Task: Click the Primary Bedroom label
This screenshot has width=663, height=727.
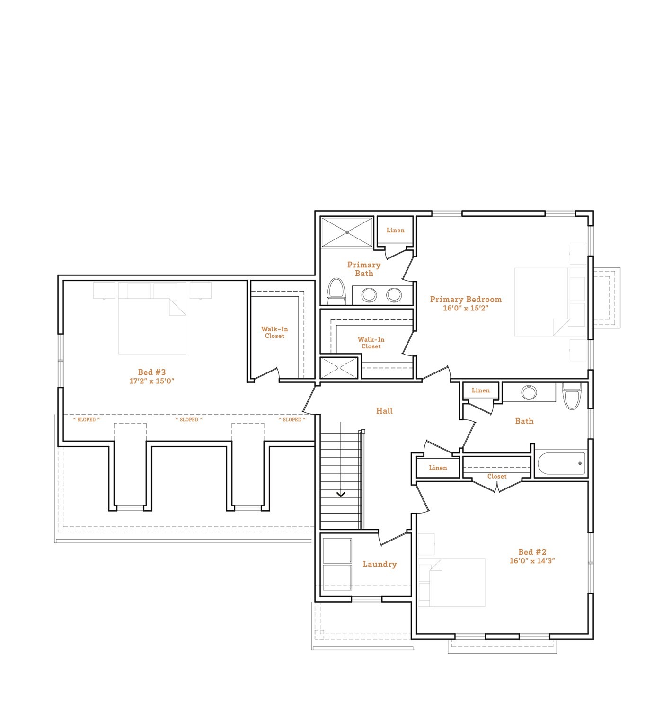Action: pos(465,299)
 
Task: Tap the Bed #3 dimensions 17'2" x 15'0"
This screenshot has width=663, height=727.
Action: pos(152,381)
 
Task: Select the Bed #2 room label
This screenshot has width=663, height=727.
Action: pos(532,552)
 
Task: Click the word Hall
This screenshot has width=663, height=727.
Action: pos(384,411)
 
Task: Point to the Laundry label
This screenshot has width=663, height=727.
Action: pos(380,564)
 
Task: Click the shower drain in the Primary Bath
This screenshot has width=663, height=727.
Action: pos(347,232)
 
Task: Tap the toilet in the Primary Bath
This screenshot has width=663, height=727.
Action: pos(336,291)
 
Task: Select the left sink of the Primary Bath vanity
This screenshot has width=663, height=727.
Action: pos(369,295)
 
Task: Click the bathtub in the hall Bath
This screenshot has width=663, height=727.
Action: pos(561,463)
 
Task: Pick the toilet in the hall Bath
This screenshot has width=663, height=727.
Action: pos(572,396)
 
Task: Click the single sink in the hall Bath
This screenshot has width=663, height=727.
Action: pos(529,392)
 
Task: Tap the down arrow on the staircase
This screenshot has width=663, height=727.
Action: pos(341,495)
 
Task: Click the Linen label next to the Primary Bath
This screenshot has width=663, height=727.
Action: pos(395,231)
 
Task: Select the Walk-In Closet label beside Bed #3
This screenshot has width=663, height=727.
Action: pos(274,332)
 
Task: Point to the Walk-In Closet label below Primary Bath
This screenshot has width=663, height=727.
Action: pos(371,343)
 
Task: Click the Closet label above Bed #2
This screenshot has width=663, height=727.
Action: pos(497,477)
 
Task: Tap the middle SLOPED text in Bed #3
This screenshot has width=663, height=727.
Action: pos(189,420)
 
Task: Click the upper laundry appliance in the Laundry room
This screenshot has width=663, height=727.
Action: pos(337,550)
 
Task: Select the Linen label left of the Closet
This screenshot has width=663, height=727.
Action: pos(438,468)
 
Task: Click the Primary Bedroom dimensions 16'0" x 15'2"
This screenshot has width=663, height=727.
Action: pos(465,308)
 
